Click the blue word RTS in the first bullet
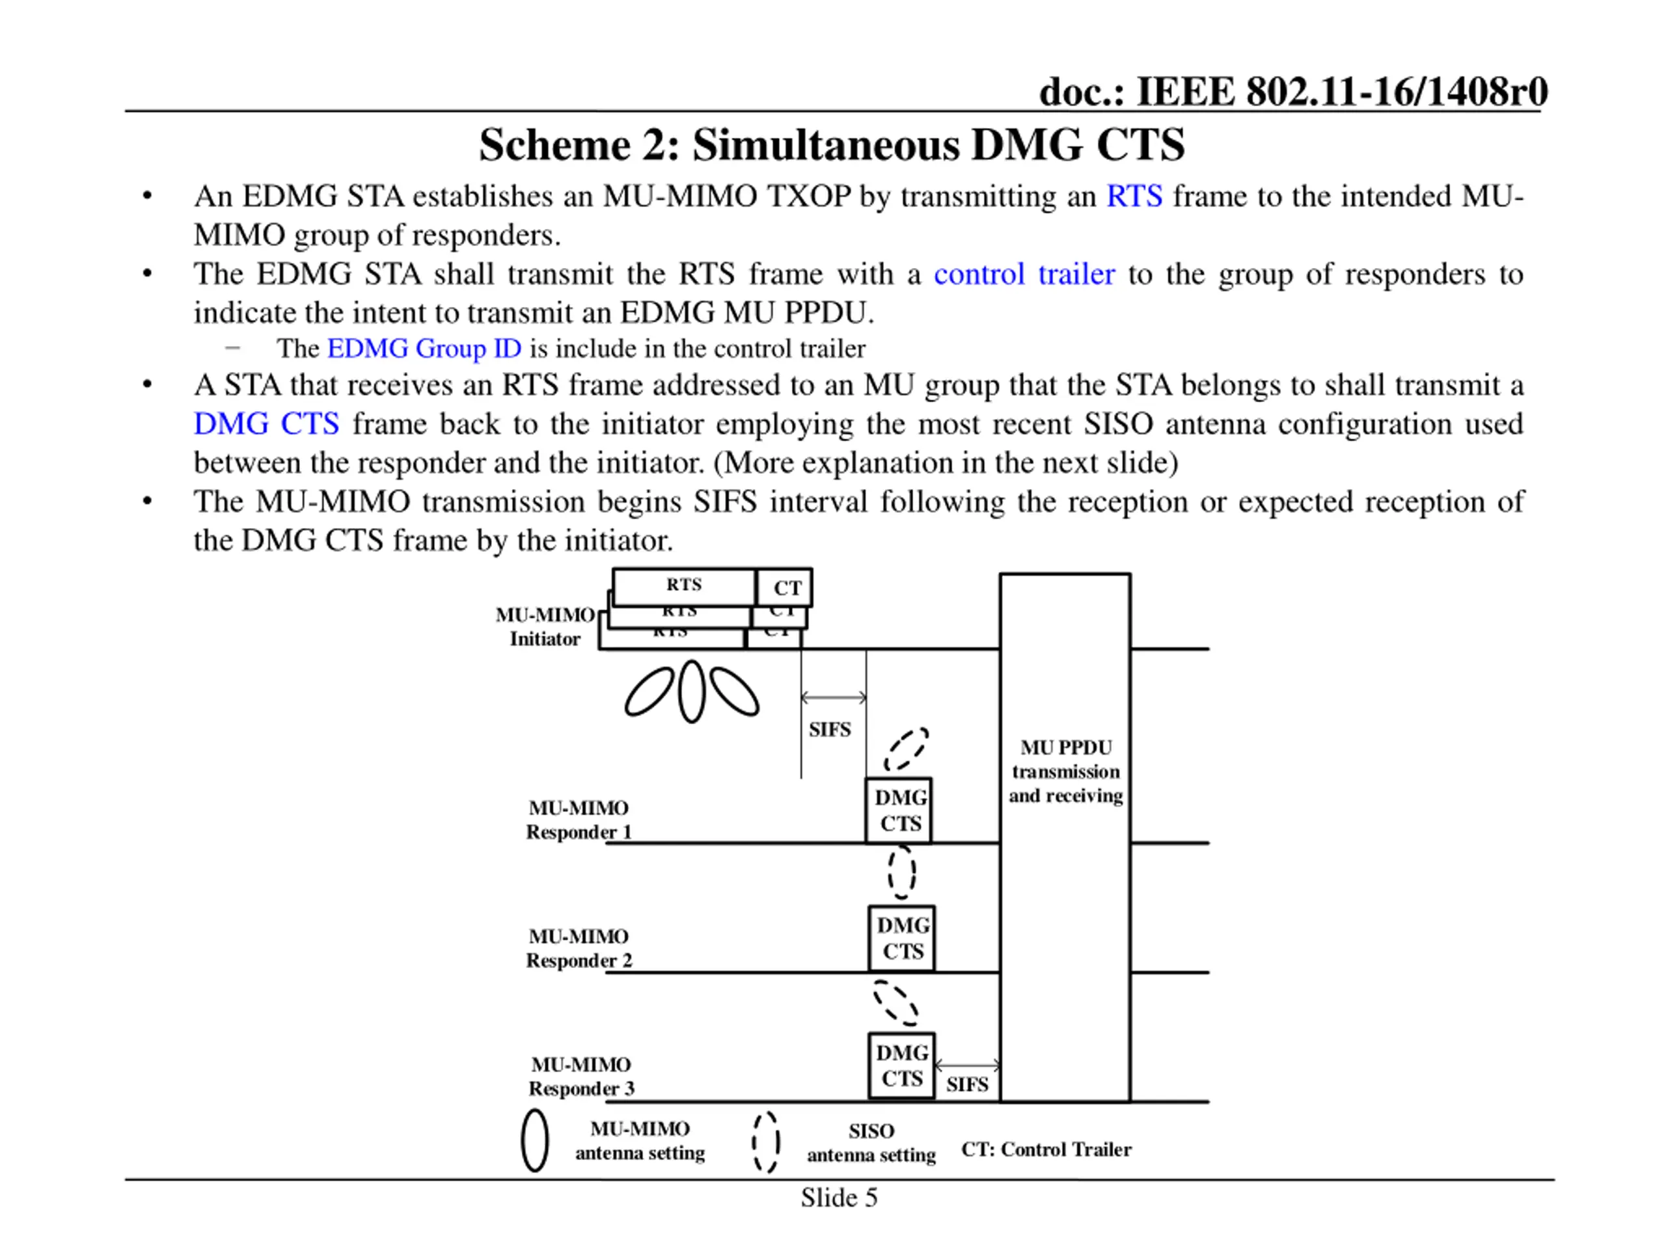1134,196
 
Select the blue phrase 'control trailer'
1024,274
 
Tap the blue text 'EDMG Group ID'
424,349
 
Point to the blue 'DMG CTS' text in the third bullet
266,424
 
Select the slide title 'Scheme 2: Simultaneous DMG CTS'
832,144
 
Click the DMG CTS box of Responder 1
899,811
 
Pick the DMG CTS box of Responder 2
902,939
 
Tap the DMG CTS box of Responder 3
901,1066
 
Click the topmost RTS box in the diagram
684,585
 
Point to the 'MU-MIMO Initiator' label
545,627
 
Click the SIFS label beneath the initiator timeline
830,729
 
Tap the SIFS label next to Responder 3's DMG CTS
967,1085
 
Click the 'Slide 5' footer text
839,1198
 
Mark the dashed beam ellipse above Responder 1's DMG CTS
906,750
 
